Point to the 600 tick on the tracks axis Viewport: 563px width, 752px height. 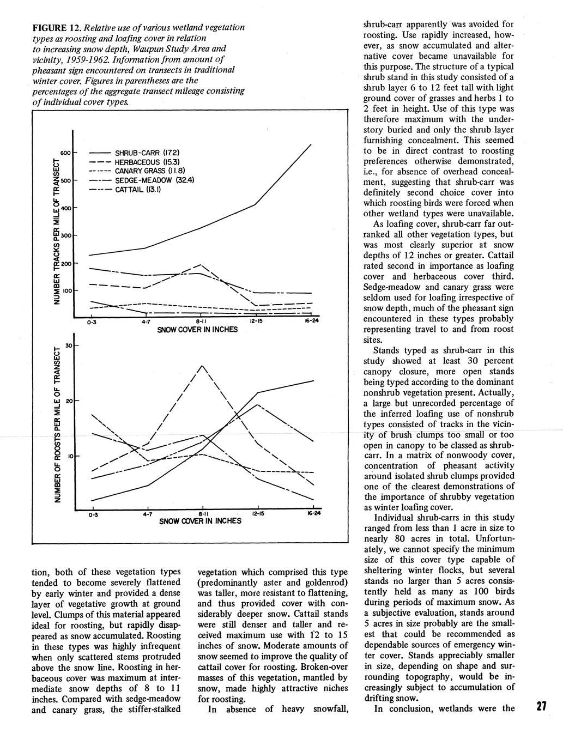coord(65,154)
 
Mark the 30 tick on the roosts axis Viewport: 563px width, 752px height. coord(68,346)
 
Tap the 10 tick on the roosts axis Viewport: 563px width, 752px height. coord(68,456)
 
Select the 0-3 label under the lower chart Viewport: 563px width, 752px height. coord(92,514)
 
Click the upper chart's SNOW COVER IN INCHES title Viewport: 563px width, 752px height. coord(197,330)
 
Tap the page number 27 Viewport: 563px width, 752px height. coord(541,706)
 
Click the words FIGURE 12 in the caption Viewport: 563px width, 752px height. coord(57,28)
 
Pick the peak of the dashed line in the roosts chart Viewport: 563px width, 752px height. coord(202,365)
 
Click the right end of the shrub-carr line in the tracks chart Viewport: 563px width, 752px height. coord(311,144)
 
